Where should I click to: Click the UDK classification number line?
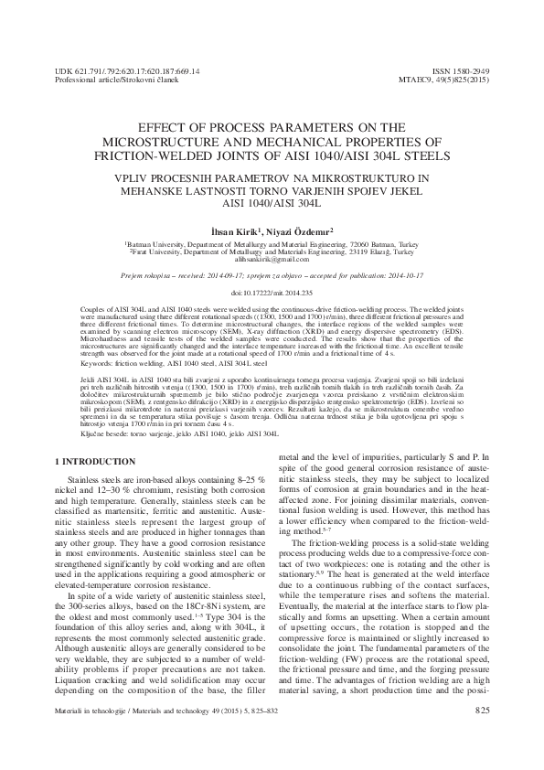point(128,70)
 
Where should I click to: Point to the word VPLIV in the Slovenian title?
point(131,172)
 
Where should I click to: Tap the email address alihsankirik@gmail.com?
point(272,261)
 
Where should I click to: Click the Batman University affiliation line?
point(272,246)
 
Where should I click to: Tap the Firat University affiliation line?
point(272,253)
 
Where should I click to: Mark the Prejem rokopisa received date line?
point(272,274)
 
